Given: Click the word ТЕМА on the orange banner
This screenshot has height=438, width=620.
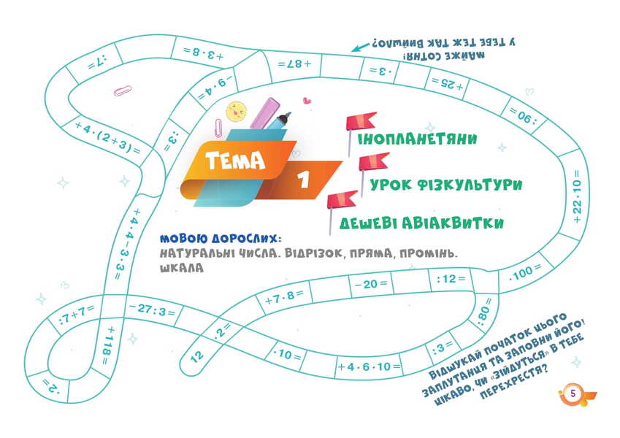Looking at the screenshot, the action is [x=235, y=160].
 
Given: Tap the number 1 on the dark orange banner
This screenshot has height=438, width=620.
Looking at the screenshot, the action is [x=303, y=180].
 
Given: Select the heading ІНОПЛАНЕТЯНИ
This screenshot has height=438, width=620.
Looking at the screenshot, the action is [x=417, y=139].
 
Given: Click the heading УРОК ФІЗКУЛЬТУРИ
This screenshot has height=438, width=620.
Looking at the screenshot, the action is [x=445, y=185].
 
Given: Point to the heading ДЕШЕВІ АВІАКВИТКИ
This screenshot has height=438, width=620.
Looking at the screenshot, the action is [x=421, y=223].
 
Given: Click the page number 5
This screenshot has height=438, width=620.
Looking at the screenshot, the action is [x=573, y=393].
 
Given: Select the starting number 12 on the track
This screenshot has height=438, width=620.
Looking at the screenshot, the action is [x=197, y=356].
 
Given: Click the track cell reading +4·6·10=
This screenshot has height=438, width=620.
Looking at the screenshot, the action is [x=369, y=367].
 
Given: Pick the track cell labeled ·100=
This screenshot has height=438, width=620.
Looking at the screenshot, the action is [x=525, y=272].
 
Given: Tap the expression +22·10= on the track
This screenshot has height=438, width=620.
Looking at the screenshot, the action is [x=577, y=196].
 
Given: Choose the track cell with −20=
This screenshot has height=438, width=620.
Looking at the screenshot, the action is [x=370, y=283].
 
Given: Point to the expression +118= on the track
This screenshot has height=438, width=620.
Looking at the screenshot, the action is [x=107, y=345].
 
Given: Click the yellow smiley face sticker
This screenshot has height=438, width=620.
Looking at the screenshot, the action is [x=236, y=112].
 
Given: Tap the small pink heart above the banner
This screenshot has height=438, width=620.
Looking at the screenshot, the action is [x=307, y=101].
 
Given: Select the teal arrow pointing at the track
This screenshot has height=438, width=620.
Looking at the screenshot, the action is [x=360, y=47].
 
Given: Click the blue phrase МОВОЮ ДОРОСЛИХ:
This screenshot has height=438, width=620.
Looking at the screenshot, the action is [x=221, y=239].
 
